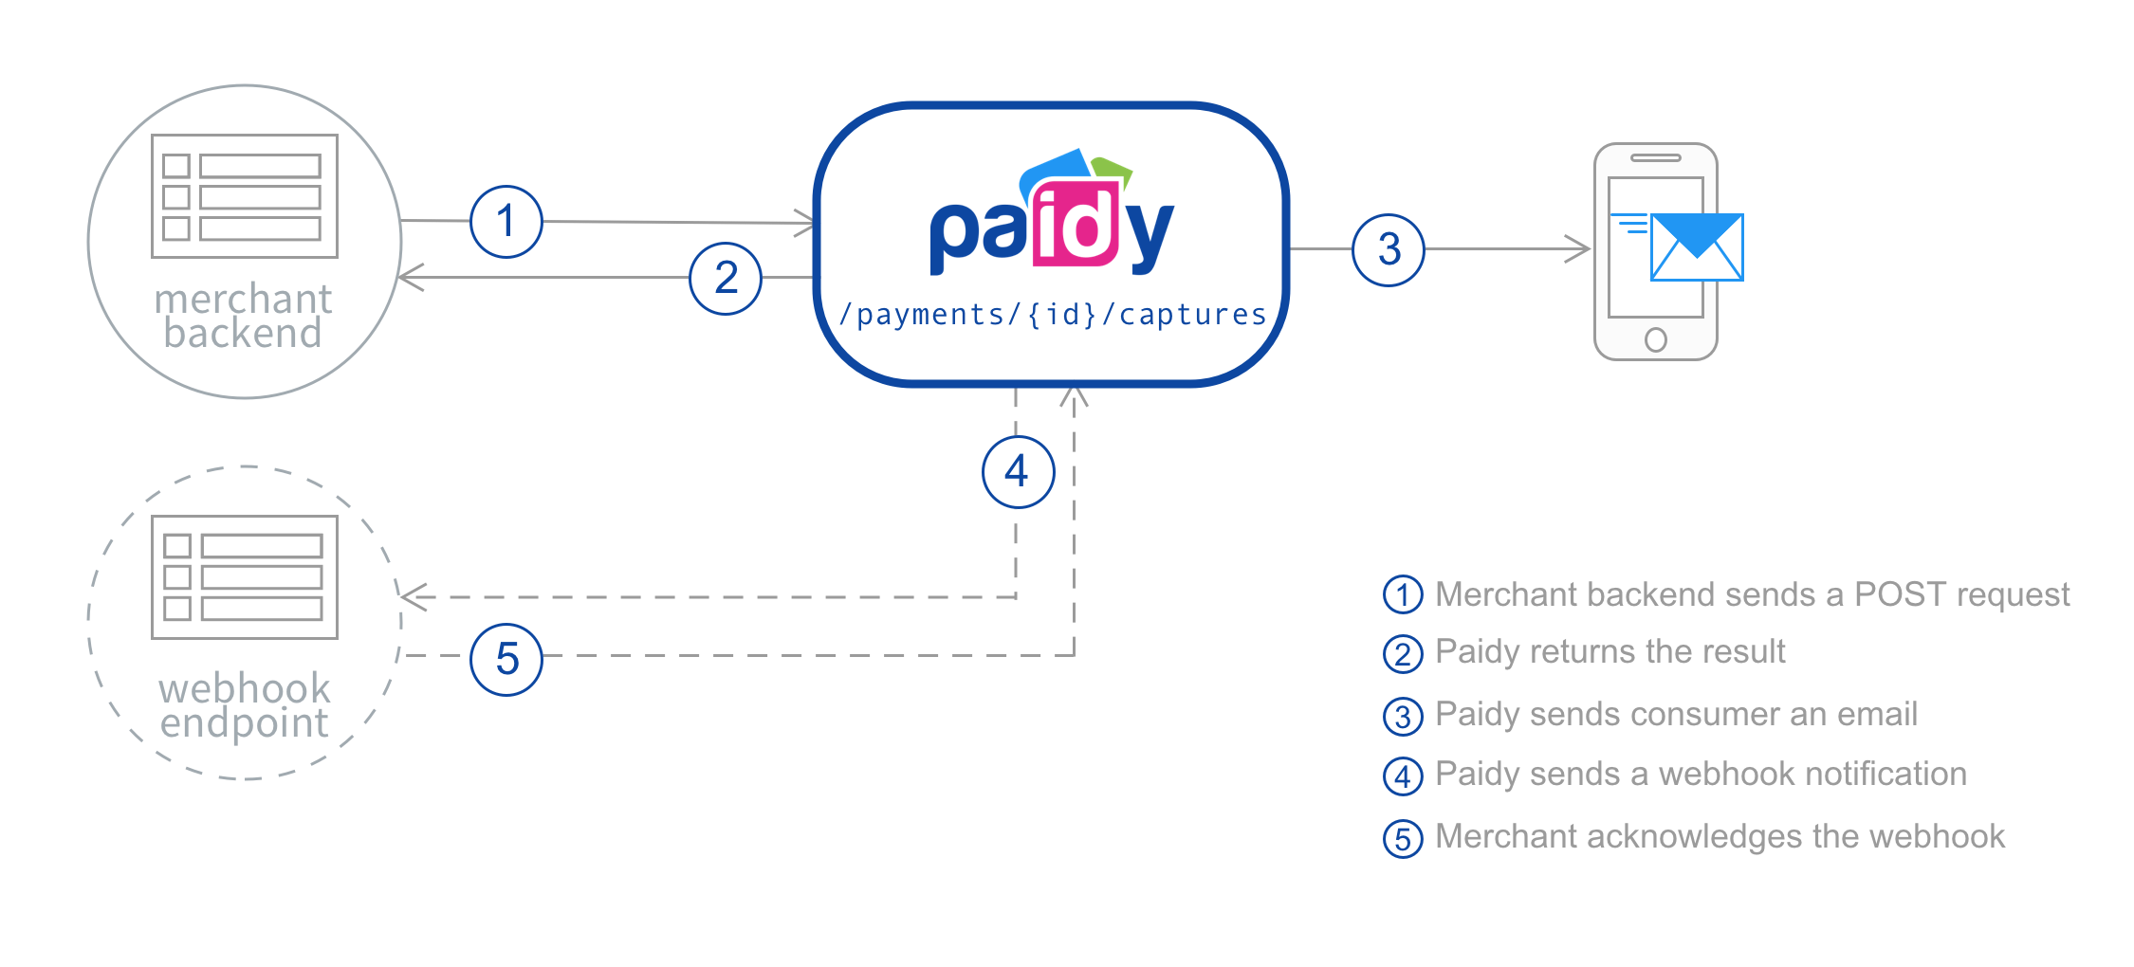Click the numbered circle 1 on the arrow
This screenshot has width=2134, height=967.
tap(506, 222)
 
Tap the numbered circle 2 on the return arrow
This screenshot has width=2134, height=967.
tap(726, 278)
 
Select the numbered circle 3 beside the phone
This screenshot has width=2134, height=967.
tap(1389, 249)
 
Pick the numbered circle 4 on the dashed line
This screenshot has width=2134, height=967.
tap(1018, 471)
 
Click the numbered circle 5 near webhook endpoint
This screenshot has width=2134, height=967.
tap(506, 659)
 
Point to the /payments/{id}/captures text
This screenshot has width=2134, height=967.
tap(1053, 315)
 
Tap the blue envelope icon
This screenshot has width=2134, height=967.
tap(1697, 247)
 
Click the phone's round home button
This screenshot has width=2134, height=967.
tap(1655, 339)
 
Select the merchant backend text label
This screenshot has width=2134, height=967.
tap(244, 316)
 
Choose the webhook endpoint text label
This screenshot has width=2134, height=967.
tap(244, 705)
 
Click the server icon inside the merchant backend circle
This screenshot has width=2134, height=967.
tap(245, 196)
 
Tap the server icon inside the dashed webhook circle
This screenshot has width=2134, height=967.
tap(245, 577)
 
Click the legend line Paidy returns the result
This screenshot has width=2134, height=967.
tap(1610, 652)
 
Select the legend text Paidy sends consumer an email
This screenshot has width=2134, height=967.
tap(1675, 714)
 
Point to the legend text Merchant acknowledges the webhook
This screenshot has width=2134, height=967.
tap(1720, 836)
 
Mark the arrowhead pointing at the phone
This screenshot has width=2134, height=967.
tap(1580, 249)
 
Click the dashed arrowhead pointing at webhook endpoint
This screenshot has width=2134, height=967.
tap(410, 596)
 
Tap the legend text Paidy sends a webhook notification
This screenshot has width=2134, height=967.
tap(1700, 775)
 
